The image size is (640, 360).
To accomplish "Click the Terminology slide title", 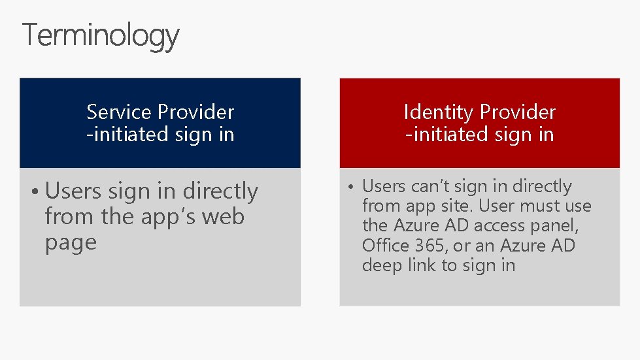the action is coord(101,35).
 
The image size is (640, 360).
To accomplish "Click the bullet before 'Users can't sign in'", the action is coord(350,187).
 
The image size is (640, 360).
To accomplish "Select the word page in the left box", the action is coord(70,243).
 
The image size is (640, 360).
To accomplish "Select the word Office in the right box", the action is coord(386,246).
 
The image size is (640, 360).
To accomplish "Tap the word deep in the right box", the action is coord(381,266).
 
